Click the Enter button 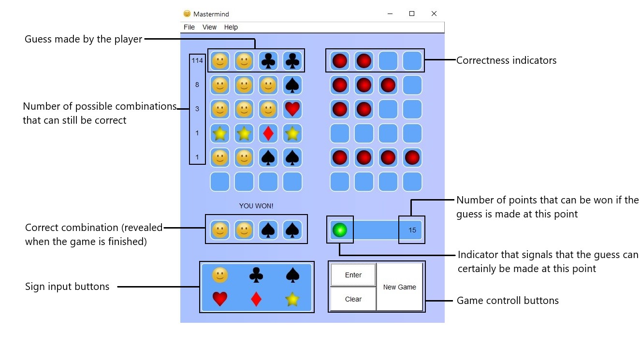(353, 275)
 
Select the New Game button (399, 287)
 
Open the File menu (189, 27)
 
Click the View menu (209, 27)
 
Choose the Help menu (231, 27)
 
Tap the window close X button (434, 14)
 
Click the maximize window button (412, 14)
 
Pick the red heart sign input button (220, 299)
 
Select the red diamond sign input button (256, 299)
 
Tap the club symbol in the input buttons (256, 275)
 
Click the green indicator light (340, 230)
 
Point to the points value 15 (412, 230)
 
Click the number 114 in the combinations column (197, 61)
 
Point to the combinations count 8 (197, 85)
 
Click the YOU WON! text (256, 206)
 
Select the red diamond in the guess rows (268, 133)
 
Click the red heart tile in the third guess (292, 109)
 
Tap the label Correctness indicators (506, 60)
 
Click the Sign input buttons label (67, 287)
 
